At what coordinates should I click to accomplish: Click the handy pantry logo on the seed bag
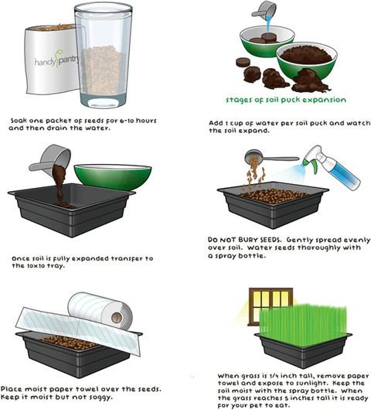[x=56, y=60]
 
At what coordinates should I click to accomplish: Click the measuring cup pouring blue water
[x=264, y=10]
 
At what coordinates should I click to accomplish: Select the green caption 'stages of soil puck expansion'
[x=286, y=100]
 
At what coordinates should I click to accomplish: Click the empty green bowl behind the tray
[x=113, y=176]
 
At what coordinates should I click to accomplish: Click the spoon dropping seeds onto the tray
[x=271, y=157]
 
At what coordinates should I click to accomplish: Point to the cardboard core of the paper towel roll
[x=117, y=318]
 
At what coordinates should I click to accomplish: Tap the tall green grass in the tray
[x=303, y=325]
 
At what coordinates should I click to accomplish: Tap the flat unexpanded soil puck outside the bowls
[x=243, y=63]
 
